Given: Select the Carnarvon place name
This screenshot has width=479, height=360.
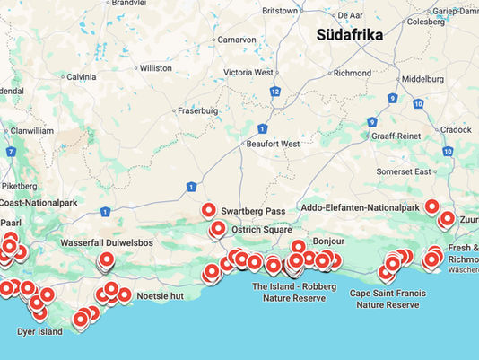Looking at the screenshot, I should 237,40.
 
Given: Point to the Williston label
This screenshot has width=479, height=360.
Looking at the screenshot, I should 155,67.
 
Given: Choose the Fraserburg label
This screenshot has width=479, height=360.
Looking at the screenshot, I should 198,110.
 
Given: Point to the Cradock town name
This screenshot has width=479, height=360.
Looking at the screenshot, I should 456,129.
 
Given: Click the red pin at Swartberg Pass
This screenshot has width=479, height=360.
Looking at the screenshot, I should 209,211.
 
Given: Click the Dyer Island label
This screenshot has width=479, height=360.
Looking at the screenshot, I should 39,332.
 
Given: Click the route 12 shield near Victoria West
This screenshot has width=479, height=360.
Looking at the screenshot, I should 275,92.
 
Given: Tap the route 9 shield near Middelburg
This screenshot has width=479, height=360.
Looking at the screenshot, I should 393,98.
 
